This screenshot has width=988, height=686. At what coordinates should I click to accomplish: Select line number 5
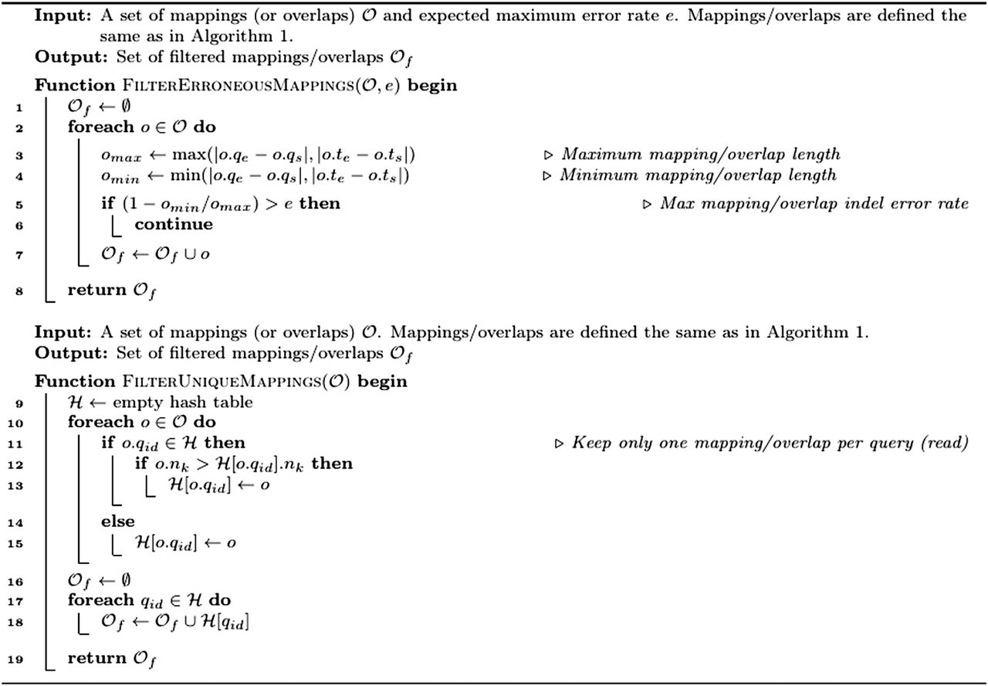19,204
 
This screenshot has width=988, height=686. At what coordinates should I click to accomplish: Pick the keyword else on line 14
117,522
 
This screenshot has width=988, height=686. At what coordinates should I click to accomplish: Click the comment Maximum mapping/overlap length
699,155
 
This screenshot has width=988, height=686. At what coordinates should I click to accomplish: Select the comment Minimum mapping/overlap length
698,175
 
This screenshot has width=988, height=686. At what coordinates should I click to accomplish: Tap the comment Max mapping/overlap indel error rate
814,204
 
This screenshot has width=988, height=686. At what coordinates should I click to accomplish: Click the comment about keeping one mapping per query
767,443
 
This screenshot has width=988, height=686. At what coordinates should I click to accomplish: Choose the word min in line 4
198,176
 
